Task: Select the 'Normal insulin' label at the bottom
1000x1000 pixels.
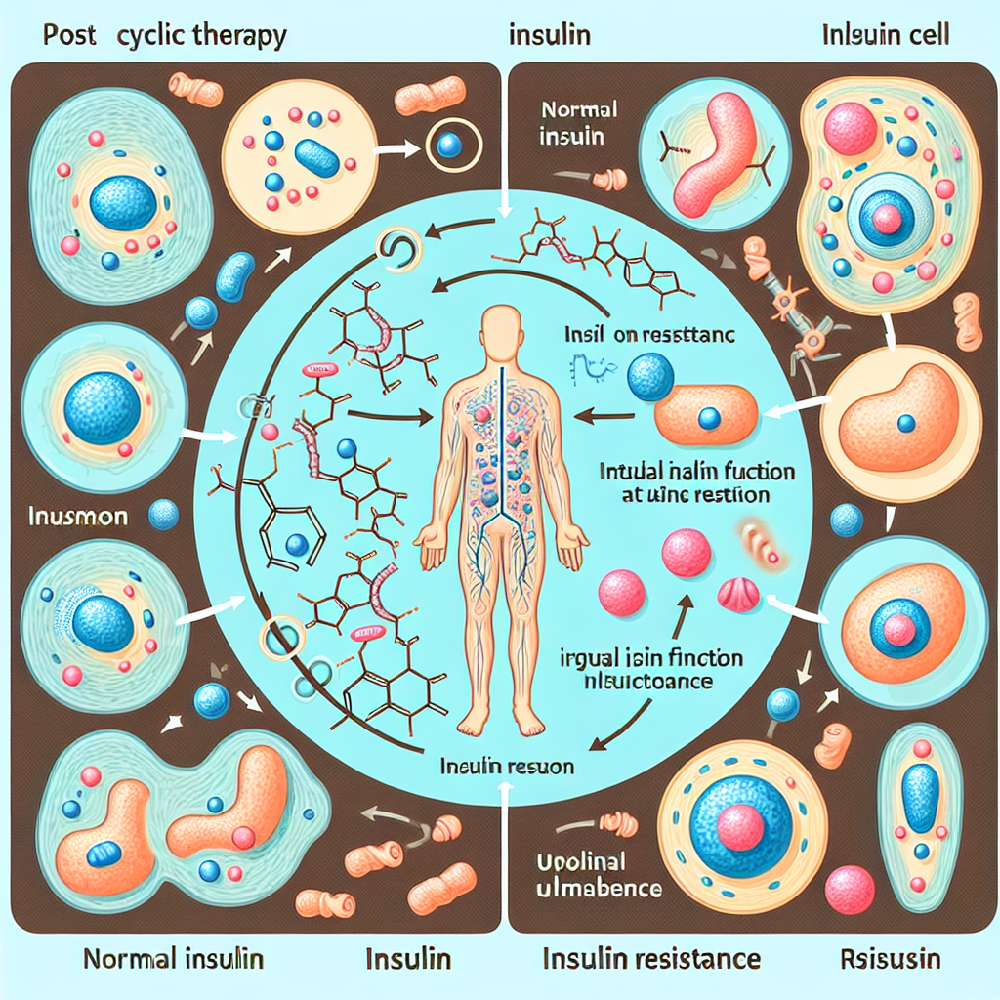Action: [173, 958]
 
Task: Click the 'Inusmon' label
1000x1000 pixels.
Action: [78, 516]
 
